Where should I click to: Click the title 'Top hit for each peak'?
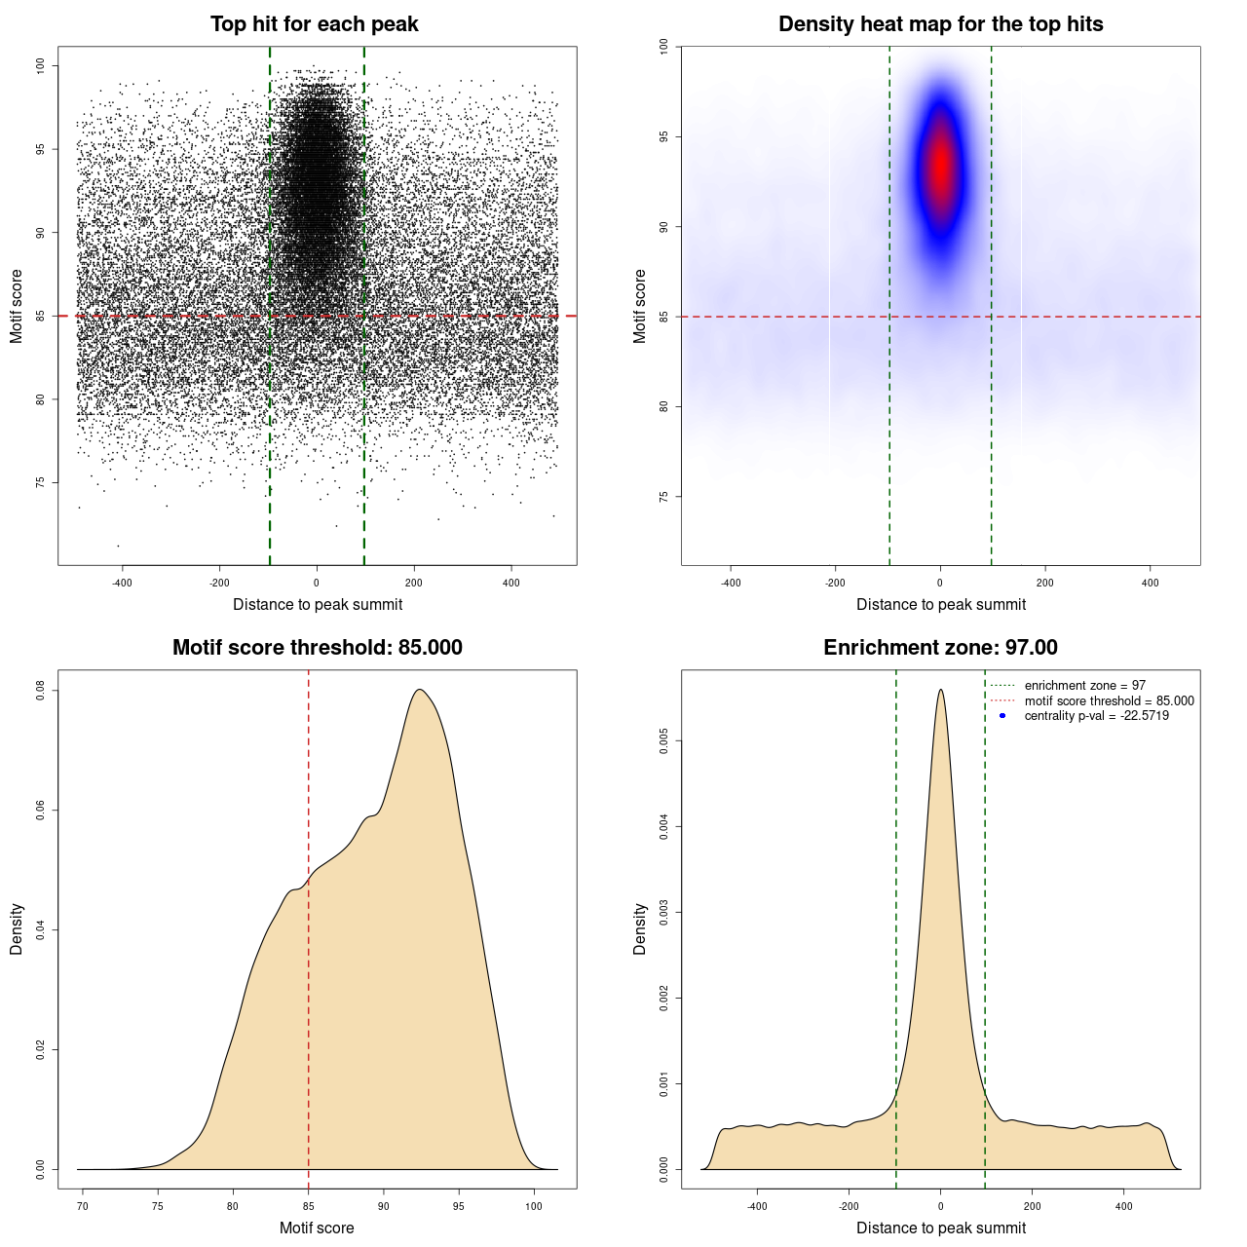click(x=314, y=24)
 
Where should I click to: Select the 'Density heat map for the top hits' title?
click(x=940, y=24)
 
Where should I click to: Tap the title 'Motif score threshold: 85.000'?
click(x=317, y=648)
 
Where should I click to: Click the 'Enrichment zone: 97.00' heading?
click(x=940, y=648)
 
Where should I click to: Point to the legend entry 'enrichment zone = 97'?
click(x=1084, y=686)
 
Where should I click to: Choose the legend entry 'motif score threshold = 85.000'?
click(x=1109, y=701)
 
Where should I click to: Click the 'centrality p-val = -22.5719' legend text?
click(x=1096, y=716)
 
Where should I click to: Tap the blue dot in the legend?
click(x=1002, y=716)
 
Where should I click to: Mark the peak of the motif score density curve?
click(x=420, y=690)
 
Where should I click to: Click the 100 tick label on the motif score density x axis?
click(x=533, y=1207)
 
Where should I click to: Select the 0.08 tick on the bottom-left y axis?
click(x=40, y=691)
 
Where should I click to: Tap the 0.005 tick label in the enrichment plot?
click(x=663, y=741)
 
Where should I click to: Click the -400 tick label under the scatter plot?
click(x=122, y=584)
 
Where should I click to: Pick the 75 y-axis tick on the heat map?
click(x=663, y=497)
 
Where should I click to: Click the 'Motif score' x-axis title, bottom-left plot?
click(x=317, y=1228)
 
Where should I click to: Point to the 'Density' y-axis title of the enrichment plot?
click(x=640, y=928)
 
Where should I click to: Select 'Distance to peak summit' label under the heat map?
click(x=940, y=605)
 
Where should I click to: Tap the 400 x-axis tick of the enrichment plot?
click(x=1123, y=1207)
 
